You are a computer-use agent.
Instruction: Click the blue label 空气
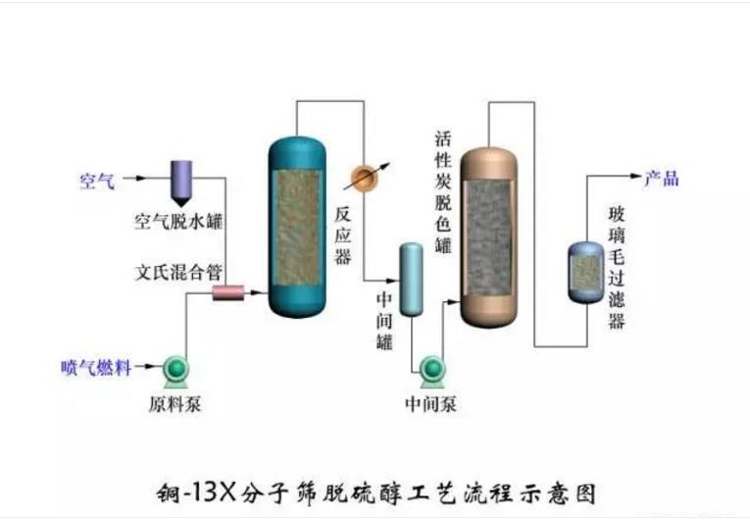click(97, 181)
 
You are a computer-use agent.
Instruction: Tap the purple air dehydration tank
click(181, 179)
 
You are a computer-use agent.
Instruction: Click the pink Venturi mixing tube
click(227, 292)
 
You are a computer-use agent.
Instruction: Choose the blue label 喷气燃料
click(98, 369)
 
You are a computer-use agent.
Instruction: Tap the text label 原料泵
click(175, 402)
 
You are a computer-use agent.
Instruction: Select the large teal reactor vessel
click(298, 227)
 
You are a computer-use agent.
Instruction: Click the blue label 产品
click(661, 179)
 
